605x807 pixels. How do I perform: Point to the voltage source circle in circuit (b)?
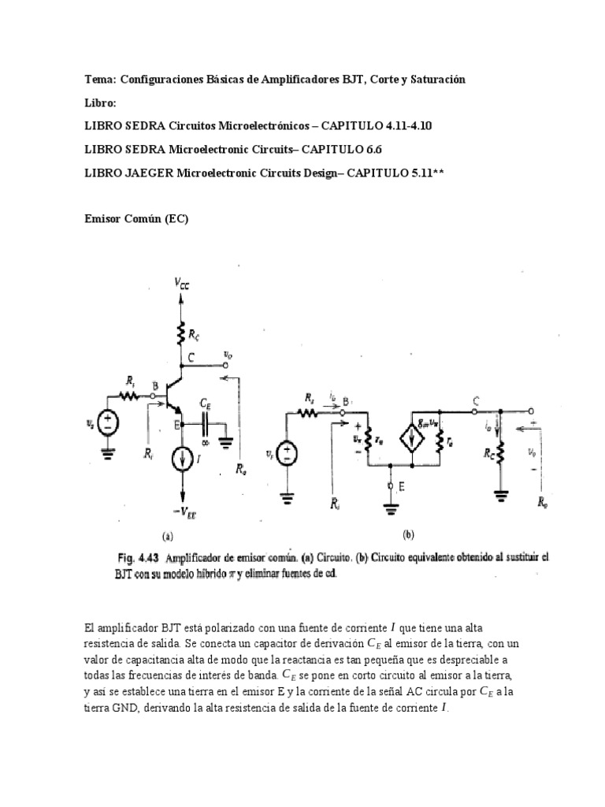(288, 452)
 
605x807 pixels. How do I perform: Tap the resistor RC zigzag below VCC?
(180, 335)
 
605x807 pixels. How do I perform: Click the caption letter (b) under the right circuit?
(408, 534)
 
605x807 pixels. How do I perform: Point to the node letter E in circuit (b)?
(403, 487)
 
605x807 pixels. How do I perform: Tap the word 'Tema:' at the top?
(99, 80)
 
